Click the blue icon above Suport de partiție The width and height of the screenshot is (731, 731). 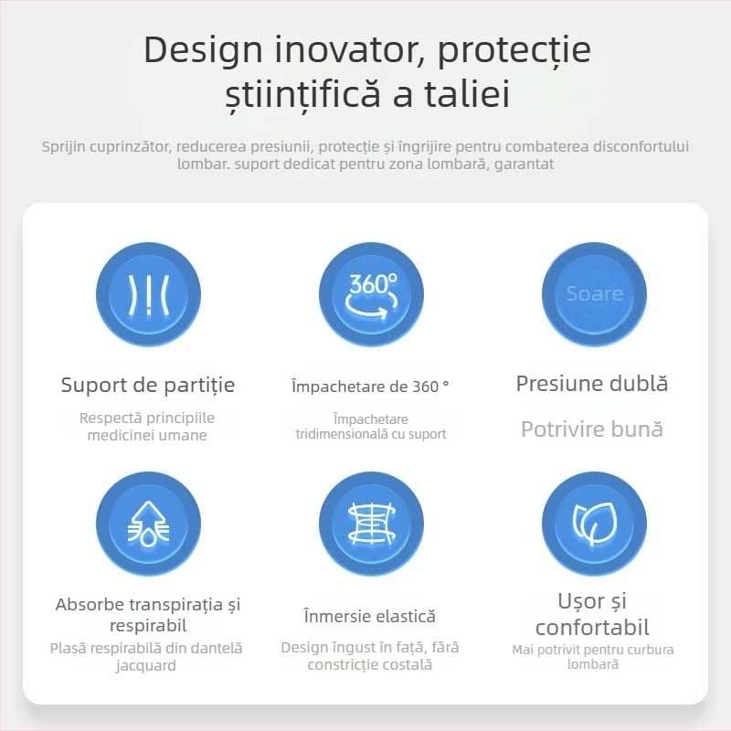click(x=148, y=294)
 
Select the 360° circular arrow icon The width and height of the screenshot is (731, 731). click(x=371, y=294)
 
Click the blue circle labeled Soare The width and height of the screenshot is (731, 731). click(x=594, y=294)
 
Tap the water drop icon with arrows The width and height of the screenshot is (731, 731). click(x=148, y=524)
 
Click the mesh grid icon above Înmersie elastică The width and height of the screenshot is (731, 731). click(x=371, y=524)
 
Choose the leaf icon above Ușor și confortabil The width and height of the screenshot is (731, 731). click(x=594, y=524)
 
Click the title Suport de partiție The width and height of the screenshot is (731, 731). click(x=148, y=385)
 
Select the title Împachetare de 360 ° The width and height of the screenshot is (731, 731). click(x=370, y=387)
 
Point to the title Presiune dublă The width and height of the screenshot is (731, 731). click(x=592, y=384)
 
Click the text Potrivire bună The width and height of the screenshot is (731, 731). click(x=592, y=429)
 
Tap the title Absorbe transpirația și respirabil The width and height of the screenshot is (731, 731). click(x=148, y=615)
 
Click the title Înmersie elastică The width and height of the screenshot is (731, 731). click(x=370, y=617)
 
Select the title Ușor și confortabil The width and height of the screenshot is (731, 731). click(x=592, y=614)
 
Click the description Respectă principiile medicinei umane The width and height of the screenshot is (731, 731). click(x=147, y=427)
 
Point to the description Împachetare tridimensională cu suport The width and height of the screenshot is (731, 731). click(x=370, y=426)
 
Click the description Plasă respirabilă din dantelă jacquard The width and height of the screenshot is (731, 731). click(x=146, y=656)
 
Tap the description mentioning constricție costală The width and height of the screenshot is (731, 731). click(x=370, y=656)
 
